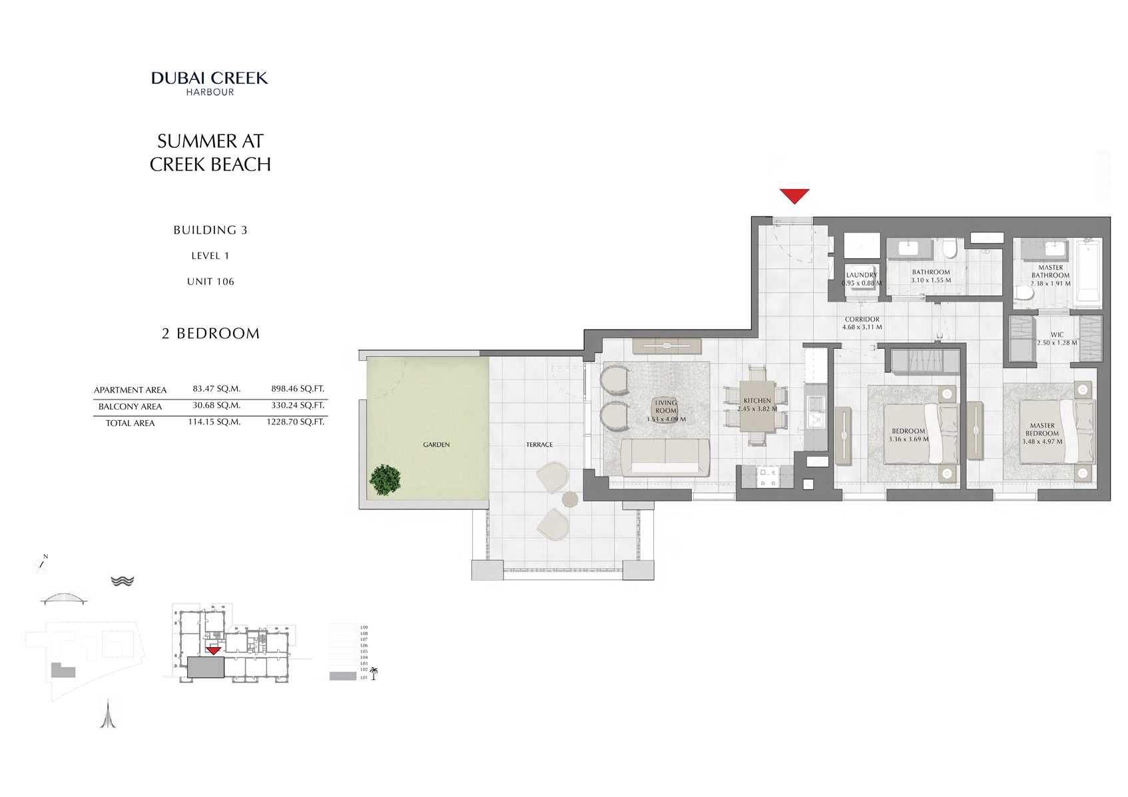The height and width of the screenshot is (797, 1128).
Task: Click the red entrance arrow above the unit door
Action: (x=794, y=196)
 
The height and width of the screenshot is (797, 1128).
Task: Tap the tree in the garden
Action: (x=385, y=480)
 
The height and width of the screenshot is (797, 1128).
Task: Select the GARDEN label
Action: (x=436, y=445)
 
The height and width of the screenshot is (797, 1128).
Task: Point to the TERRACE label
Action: (x=539, y=445)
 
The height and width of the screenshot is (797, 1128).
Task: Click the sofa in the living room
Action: (x=665, y=457)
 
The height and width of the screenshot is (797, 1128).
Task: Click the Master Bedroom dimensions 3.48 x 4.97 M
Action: (x=1042, y=441)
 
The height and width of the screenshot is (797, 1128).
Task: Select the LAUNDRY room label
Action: (x=861, y=275)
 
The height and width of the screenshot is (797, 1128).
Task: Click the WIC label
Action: (x=1057, y=335)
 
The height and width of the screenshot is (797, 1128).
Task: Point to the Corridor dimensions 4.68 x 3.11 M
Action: (x=862, y=328)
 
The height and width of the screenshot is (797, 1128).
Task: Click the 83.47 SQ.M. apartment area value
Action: (x=216, y=389)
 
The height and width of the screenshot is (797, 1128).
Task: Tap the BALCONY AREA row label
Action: (x=130, y=407)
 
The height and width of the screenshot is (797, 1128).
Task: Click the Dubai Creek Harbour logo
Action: (x=210, y=83)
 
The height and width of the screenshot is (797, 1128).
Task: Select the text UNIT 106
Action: (x=210, y=282)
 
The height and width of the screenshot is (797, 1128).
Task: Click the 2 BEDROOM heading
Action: (x=210, y=334)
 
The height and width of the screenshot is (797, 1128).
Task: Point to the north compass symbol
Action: (x=42, y=565)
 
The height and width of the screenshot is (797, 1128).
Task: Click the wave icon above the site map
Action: (x=123, y=581)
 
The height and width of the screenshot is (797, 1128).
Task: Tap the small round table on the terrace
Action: (x=569, y=499)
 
